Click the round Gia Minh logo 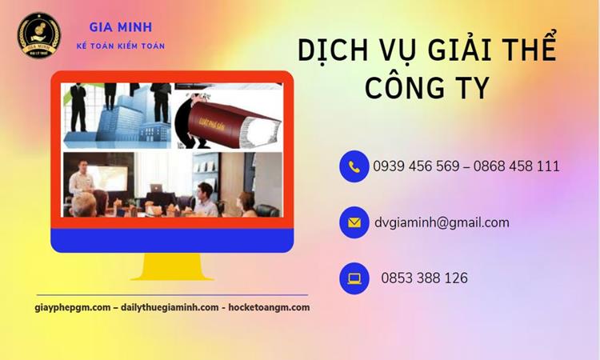point(39,35)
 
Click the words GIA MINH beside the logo point(120,28)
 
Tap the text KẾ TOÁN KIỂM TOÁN point(120,46)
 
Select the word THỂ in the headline point(529,51)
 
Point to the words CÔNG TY point(426,88)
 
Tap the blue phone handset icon point(354,166)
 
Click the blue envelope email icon point(354,222)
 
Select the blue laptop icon point(354,278)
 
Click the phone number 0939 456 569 point(416,166)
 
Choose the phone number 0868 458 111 point(517,166)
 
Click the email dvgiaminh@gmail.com point(442,222)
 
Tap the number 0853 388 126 point(425,278)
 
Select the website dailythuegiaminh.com point(170,307)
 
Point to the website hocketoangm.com point(269,307)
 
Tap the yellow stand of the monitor point(172,266)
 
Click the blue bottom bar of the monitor point(172,239)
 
